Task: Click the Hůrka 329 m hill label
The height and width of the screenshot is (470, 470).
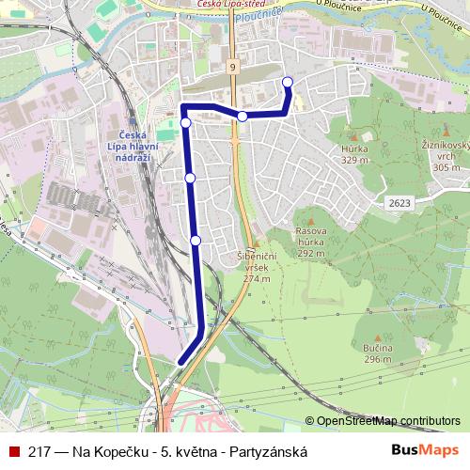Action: [x=354, y=154]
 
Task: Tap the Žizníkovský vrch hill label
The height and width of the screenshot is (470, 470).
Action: [x=441, y=155]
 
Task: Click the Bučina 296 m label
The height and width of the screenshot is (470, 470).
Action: [x=377, y=354]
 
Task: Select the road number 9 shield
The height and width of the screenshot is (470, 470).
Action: [x=230, y=68]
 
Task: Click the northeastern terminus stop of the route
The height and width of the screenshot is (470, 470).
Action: [x=287, y=83]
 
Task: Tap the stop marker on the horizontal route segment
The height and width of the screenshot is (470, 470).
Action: [x=243, y=116]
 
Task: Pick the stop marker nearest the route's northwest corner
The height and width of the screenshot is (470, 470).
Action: [x=186, y=122]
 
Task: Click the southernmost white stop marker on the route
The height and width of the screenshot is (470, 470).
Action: [x=196, y=241]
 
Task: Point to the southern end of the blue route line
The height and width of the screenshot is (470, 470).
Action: [x=180, y=362]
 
